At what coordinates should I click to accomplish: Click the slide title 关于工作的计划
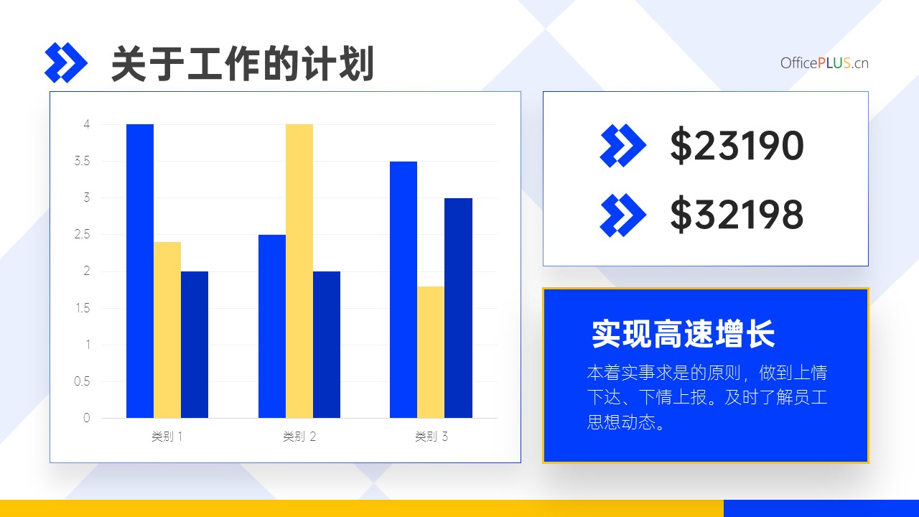coord(243,64)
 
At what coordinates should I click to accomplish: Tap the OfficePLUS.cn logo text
coord(824,63)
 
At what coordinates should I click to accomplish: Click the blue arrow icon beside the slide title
coord(65,62)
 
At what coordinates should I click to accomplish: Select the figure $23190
coord(737,145)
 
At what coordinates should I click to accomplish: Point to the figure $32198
coord(737,215)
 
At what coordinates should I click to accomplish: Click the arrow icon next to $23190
coord(622,146)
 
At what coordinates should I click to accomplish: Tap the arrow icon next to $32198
coord(622,215)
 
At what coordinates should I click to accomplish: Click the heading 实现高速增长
coord(683,334)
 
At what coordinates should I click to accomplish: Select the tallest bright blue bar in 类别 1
coord(140,271)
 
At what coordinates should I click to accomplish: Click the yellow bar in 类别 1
coord(167,330)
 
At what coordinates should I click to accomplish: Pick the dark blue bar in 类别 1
coord(195,345)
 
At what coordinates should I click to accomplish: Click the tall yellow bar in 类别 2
coord(299,271)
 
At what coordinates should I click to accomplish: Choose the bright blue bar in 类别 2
coord(272,326)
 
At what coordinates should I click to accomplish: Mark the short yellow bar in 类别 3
coord(431,352)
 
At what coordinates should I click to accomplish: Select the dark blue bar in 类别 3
coord(458,308)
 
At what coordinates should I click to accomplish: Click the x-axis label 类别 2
coord(299,437)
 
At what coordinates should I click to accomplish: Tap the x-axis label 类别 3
coord(431,437)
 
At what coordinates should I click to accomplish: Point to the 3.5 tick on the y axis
coord(82,161)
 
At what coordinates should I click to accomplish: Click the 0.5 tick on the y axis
coord(82,381)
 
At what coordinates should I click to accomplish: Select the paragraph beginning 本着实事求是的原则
coord(707,397)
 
